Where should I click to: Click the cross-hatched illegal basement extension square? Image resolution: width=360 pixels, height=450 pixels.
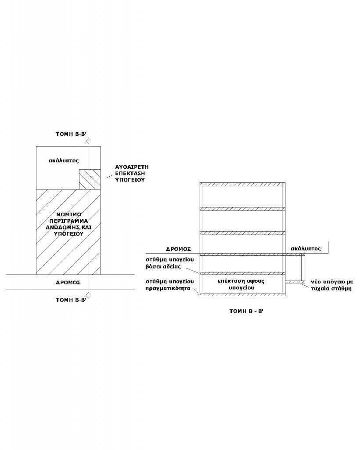point(90,179)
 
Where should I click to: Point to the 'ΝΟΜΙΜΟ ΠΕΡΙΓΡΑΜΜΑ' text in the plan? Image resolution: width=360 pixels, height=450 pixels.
point(68,218)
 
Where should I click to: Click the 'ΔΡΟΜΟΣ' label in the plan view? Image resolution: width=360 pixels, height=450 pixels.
point(68,283)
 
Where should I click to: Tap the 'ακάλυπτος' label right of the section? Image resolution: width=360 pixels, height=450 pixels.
point(306,249)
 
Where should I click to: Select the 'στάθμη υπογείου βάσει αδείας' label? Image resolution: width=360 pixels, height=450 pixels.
point(169,263)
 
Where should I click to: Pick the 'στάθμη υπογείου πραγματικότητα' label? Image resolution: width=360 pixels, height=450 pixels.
point(169,285)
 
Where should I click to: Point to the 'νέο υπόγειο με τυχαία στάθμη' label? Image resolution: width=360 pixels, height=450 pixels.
point(332,285)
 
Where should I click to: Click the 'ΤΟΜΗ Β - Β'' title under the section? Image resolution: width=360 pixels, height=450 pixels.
point(246,311)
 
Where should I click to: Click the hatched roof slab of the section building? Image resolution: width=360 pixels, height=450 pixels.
point(242,184)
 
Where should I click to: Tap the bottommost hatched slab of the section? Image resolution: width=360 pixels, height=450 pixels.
point(242,295)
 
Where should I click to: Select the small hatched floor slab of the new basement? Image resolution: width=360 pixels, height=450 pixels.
point(295,282)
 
